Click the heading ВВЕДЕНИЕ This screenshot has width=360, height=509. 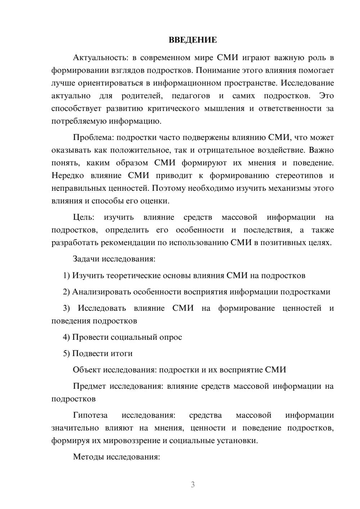coord(193,40)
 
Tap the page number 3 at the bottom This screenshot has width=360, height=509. coord(193,485)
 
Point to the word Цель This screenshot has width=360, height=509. coord(83,217)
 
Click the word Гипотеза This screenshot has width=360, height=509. coord(90,415)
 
